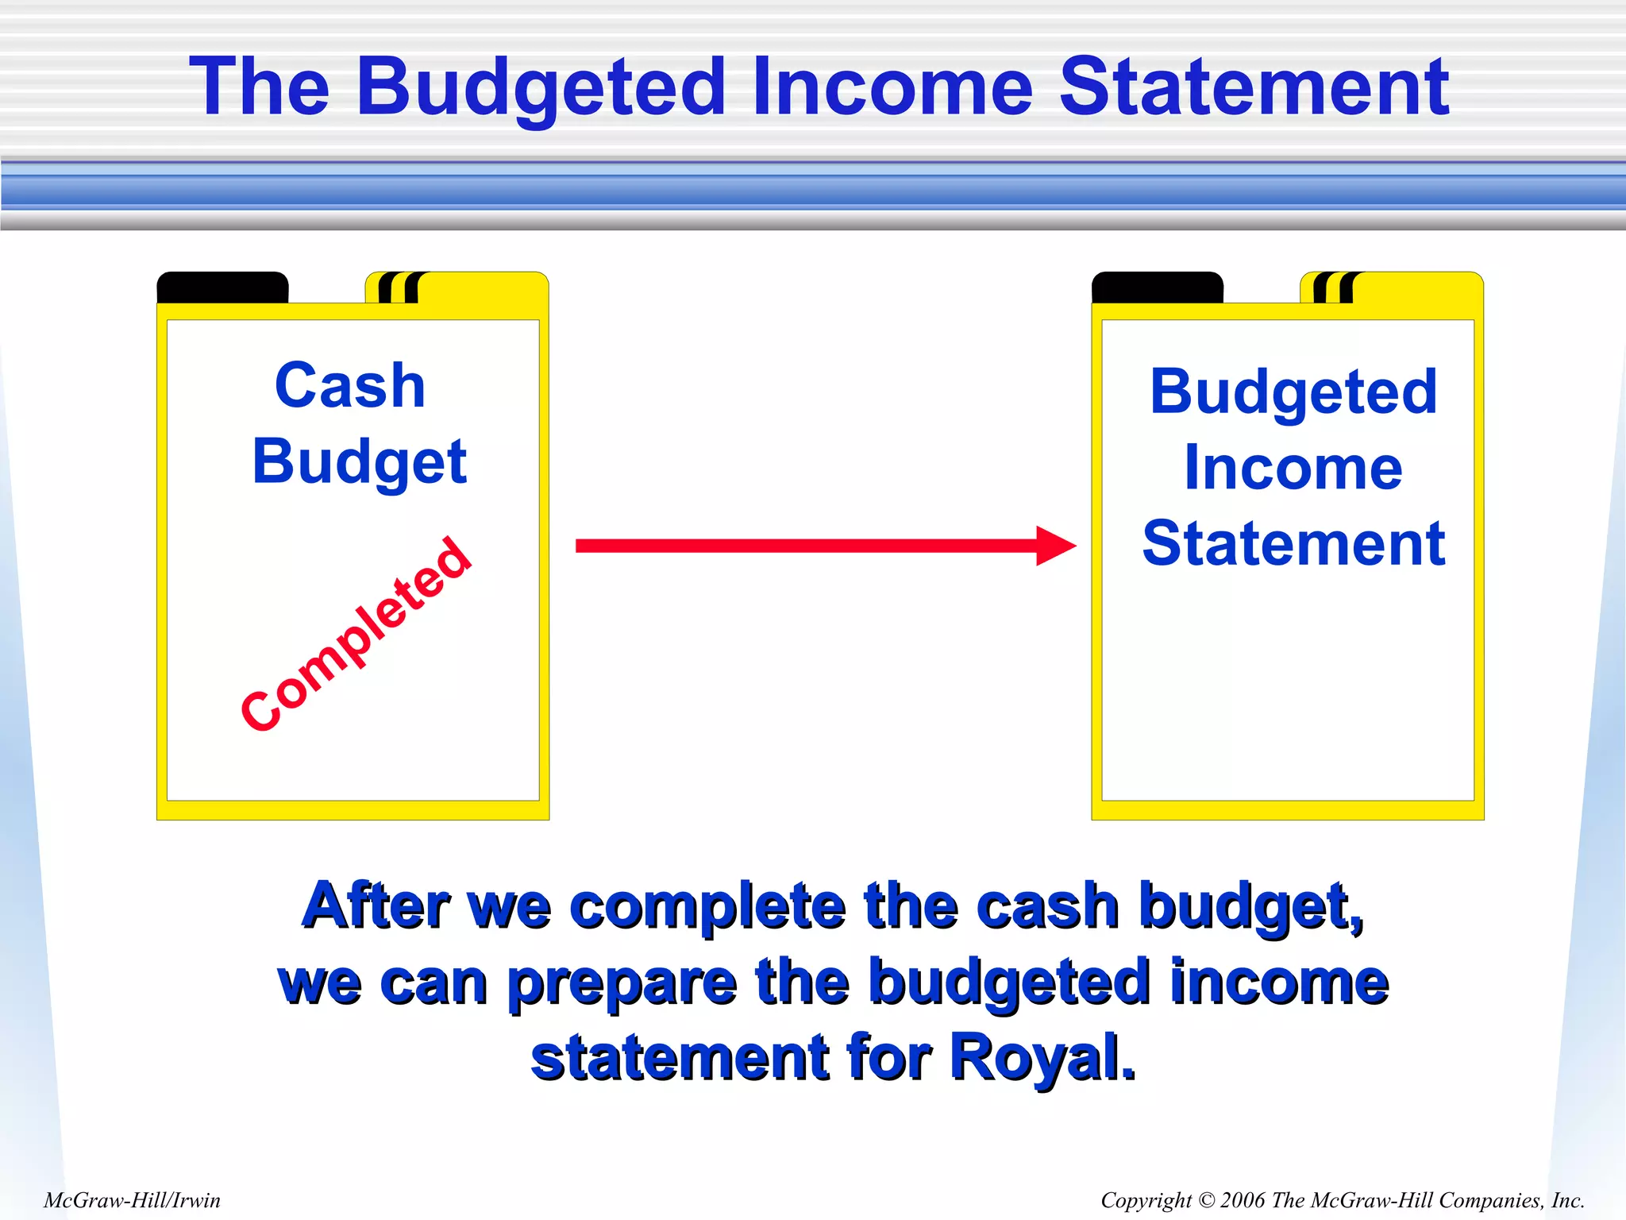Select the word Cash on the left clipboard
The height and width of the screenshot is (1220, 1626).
click(x=350, y=386)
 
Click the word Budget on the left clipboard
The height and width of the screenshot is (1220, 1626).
click(x=360, y=462)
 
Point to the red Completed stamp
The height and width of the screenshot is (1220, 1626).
click(x=356, y=633)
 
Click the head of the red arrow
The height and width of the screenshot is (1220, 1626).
click(x=1055, y=546)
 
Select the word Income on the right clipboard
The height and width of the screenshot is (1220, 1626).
click(x=1293, y=468)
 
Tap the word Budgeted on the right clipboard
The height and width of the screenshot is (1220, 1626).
click(x=1293, y=392)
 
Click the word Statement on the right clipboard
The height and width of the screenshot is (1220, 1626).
click(x=1293, y=543)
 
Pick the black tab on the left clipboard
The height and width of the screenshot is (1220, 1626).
click(x=222, y=287)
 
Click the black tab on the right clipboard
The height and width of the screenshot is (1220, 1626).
click(x=1157, y=287)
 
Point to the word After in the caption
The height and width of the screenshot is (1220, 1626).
click(x=376, y=905)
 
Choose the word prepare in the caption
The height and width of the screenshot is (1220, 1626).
click(x=622, y=983)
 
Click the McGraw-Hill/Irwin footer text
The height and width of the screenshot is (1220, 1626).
click(x=132, y=1200)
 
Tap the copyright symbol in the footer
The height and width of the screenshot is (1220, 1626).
click(x=1206, y=1200)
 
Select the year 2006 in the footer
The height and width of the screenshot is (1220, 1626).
click(x=1243, y=1200)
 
